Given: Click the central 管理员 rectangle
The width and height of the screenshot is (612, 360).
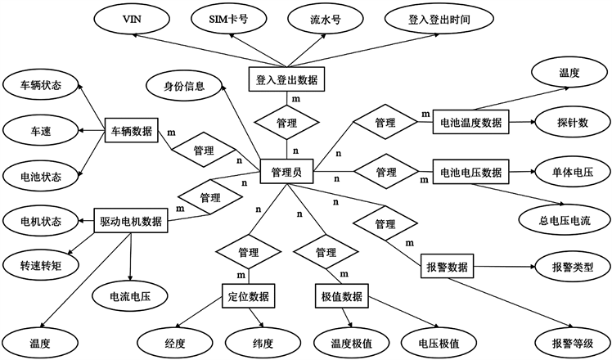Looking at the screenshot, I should click(286, 172).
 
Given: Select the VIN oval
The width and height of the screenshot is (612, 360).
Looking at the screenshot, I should click(130, 17).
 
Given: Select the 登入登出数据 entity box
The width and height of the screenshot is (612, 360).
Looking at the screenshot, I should click(287, 79).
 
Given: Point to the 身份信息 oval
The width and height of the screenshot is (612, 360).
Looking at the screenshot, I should click(184, 85).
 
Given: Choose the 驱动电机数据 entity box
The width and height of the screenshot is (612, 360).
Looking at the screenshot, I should click(131, 220).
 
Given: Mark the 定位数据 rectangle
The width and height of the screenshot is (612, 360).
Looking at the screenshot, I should click(248, 295).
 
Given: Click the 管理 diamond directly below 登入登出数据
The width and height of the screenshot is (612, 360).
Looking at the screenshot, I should click(287, 123).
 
